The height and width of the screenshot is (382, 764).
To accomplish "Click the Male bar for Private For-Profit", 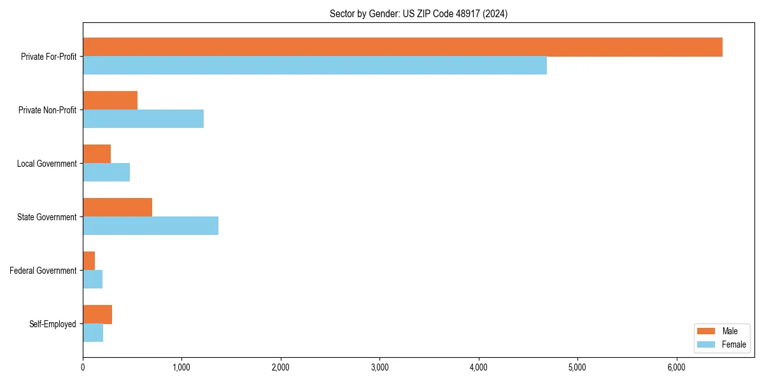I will (x=402, y=47).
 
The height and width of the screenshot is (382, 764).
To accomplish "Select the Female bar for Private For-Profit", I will (x=315, y=66).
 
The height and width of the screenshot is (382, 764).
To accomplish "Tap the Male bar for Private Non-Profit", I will (x=110, y=101).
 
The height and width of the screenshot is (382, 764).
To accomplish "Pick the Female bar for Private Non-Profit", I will (x=143, y=119).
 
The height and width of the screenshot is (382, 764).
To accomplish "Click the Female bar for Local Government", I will (x=106, y=173).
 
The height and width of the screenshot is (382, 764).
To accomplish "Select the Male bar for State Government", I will (x=117, y=208).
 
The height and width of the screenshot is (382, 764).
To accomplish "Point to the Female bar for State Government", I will (x=150, y=226).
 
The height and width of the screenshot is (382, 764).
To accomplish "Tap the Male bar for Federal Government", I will (x=89, y=261).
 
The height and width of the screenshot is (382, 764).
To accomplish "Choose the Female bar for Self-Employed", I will (x=93, y=333).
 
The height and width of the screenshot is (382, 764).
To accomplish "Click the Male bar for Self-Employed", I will (x=97, y=315).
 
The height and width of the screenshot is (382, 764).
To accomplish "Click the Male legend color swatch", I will (x=707, y=331).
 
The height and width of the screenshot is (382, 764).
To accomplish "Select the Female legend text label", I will (x=734, y=344).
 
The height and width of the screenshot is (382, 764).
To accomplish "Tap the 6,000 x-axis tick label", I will (x=676, y=367).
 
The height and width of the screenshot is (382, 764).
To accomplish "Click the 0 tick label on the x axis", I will (x=83, y=367).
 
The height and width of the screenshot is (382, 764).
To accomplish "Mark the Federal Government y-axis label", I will (x=43, y=271).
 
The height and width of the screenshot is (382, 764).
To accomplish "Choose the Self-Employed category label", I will (x=53, y=324).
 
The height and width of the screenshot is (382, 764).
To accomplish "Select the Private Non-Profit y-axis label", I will (x=47, y=110).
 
